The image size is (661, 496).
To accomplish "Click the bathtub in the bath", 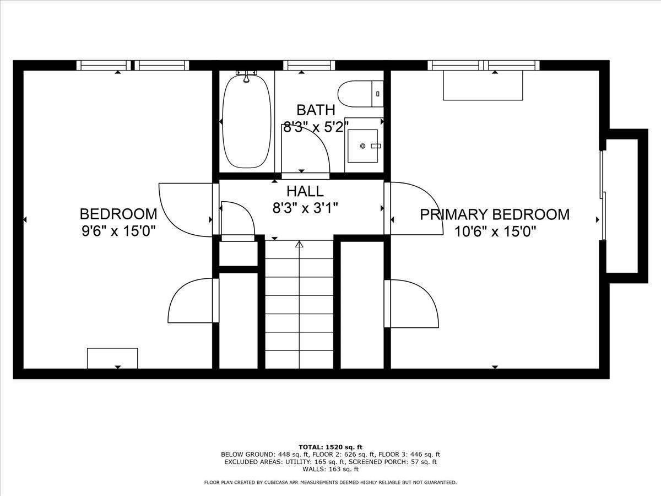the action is [x=246, y=121].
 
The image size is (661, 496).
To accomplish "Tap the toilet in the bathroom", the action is [x=360, y=94].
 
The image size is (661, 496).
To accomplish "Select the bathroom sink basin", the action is [x=362, y=146].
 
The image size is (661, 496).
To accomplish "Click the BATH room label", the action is [x=316, y=110].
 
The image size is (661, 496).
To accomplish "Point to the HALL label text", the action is [x=305, y=191].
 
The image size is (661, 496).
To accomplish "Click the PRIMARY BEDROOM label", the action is [x=495, y=215].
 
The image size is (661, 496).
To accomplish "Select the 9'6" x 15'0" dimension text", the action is [x=118, y=231].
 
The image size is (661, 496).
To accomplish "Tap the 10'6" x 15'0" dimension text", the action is [x=495, y=231].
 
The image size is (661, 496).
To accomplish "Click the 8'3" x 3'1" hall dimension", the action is [x=305, y=208].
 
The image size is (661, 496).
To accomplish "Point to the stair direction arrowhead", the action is [x=299, y=244].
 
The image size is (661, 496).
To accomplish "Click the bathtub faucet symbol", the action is [x=246, y=76].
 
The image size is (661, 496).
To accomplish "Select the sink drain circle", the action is [x=362, y=146].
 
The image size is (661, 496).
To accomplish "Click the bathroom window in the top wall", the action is [x=309, y=65].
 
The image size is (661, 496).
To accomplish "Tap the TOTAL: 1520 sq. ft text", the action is [x=330, y=455].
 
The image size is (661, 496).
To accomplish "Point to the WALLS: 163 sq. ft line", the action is [x=330, y=477].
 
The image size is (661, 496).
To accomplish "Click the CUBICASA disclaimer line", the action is [x=330, y=491].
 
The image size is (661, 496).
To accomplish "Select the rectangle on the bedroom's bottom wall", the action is [x=112, y=358].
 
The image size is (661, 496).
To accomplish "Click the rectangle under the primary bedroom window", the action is [x=483, y=85].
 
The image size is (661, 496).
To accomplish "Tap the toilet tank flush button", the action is [x=378, y=94].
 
